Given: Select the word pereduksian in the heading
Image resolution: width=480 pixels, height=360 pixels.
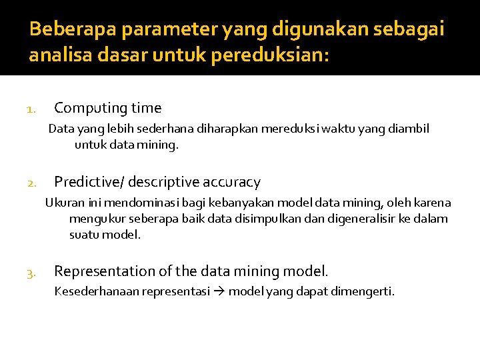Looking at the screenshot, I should click(269, 55).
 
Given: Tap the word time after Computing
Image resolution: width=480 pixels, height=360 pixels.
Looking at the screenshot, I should click(146, 108).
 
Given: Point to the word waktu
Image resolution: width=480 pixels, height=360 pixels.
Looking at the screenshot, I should click(337, 129).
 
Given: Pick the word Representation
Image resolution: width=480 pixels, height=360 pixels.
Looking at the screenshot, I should click(105, 271).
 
